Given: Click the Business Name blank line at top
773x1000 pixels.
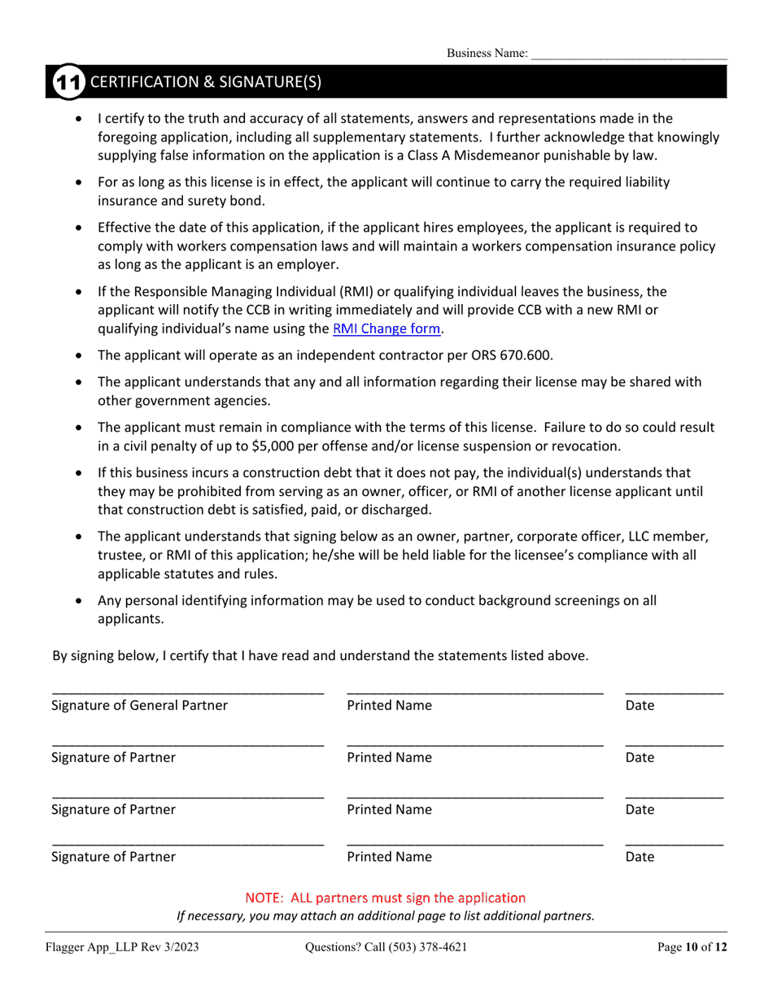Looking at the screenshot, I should (x=628, y=54).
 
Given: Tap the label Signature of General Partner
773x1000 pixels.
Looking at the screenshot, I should (x=139, y=706).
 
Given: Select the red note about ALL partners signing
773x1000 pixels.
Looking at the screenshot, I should (x=386, y=898).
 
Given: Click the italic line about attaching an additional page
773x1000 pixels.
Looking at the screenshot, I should (x=386, y=915).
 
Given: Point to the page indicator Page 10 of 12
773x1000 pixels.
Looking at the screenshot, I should (x=691, y=947).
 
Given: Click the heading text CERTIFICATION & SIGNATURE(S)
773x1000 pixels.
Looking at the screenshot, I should (x=205, y=82).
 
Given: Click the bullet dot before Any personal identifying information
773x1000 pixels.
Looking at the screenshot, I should (x=78, y=602).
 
